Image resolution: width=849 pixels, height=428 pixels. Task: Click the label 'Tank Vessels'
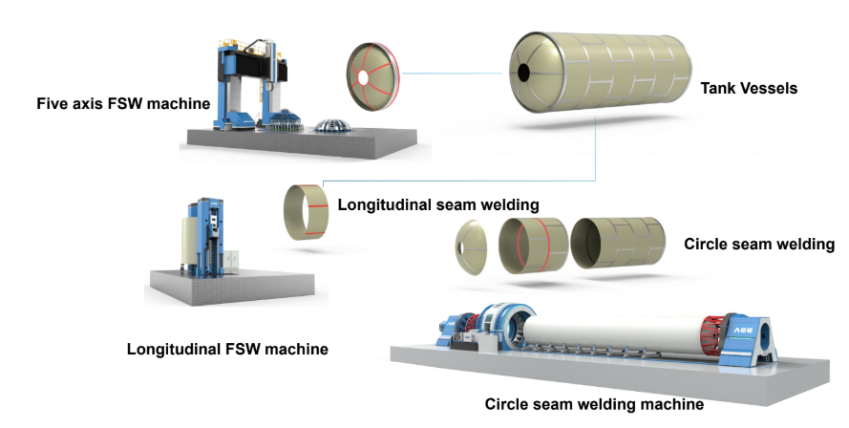[749, 89]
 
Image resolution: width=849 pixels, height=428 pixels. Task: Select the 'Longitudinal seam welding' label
[439, 204]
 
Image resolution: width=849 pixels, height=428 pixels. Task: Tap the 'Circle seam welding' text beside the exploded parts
[759, 245]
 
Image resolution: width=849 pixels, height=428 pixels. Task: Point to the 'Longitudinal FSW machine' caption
[227, 350]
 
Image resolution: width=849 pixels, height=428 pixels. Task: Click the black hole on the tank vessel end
[523, 72]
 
